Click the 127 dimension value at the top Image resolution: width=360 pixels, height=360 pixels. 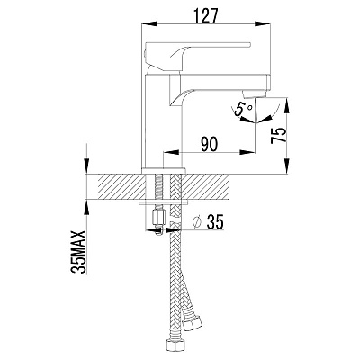[x=205, y=15]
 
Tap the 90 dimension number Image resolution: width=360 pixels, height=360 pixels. [x=209, y=144]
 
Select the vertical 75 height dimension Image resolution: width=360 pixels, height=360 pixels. [x=278, y=136]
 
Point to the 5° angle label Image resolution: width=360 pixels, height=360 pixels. [x=243, y=109]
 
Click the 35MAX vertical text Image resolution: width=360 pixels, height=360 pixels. [x=78, y=252]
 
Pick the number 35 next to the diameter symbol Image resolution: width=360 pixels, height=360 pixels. [x=215, y=222]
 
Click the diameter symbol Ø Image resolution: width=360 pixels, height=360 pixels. [x=196, y=222]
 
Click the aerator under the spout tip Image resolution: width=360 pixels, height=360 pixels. [x=255, y=95]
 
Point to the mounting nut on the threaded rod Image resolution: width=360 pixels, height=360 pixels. [x=158, y=218]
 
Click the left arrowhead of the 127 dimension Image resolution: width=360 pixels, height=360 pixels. [x=149, y=23]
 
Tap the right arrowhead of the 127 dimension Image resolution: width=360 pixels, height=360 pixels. [x=263, y=23]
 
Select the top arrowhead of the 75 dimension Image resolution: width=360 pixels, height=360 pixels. [x=287, y=104]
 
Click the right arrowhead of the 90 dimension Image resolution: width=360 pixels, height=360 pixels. [x=247, y=153]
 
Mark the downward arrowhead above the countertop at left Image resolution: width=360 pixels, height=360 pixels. [x=86, y=166]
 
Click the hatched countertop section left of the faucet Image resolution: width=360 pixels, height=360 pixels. [x=121, y=186]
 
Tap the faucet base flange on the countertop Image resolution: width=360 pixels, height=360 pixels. [x=164, y=171]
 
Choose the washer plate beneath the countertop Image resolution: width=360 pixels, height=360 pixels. [x=164, y=202]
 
